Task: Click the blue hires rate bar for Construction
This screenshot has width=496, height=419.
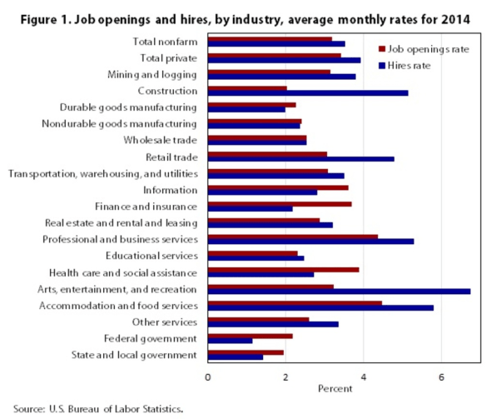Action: pyautogui.click(x=308, y=93)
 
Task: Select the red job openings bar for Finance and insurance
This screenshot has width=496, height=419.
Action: pyautogui.click(x=280, y=204)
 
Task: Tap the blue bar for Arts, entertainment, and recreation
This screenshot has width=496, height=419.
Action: pyautogui.click(x=339, y=292)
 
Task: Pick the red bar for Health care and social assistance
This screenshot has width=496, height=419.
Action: pyautogui.click(x=284, y=270)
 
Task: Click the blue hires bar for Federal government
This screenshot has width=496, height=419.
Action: pyautogui.click(x=231, y=341)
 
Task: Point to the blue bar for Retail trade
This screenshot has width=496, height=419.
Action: pyautogui.click(x=301, y=159)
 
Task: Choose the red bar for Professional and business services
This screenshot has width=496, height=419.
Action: pyautogui.click(x=293, y=237)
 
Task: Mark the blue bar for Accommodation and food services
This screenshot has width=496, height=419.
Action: pyautogui.click(x=320, y=308)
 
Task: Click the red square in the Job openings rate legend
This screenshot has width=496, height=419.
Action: pyautogui.click(x=382, y=49)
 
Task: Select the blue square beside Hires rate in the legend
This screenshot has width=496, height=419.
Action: pyautogui.click(x=382, y=66)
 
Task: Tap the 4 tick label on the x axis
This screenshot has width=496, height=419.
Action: pyautogui.click(x=364, y=377)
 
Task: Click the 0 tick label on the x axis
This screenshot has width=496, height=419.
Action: pyautogui.click(x=208, y=377)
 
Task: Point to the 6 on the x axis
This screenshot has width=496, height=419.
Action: pyautogui.click(x=441, y=377)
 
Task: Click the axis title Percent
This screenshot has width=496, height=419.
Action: pyautogui.click(x=335, y=389)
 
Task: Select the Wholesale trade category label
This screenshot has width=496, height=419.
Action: pyautogui.click(x=161, y=140)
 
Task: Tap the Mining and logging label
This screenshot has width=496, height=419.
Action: pyautogui.click(x=152, y=75)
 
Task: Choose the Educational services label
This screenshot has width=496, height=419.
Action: pyautogui.click(x=151, y=256)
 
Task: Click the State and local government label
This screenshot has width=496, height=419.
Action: pyautogui.click(x=134, y=355)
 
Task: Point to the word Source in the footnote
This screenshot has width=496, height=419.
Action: pyautogui.click(x=29, y=409)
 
